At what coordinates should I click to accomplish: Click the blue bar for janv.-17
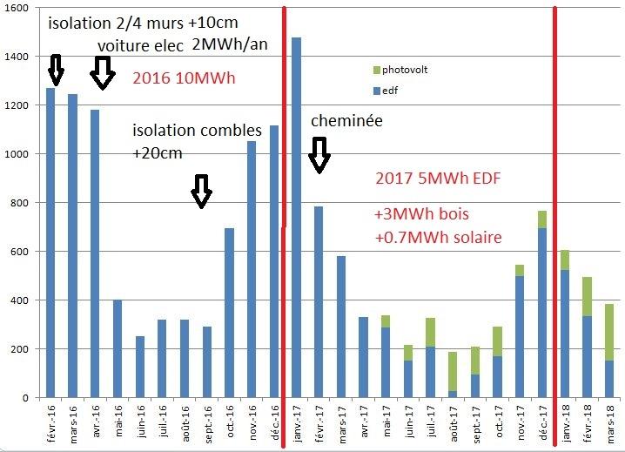tap(297, 218)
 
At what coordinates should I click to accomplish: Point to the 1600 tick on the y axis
tap(17, 8)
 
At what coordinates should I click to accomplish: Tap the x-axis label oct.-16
tap(229, 421)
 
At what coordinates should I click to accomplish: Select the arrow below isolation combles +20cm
tap(202, 191)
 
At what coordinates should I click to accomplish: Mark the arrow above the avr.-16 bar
tap(103, 73)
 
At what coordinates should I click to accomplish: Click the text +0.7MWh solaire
tap(438, 236)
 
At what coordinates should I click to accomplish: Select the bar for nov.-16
tap(252, 269)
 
